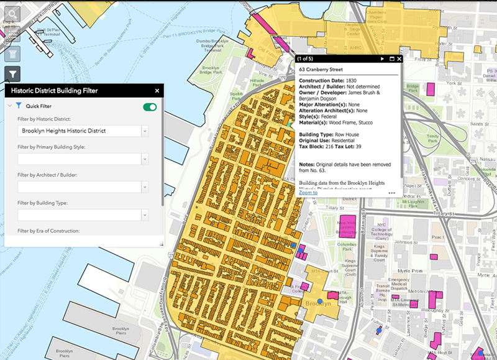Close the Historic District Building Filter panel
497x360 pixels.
coord(157,91)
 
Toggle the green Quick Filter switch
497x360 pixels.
coord(150,107)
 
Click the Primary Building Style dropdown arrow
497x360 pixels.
coord(145,159)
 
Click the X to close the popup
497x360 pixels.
coord(399,59)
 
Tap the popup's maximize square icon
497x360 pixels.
coord(391,59)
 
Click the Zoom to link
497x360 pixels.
coord(308,193)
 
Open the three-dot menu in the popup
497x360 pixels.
coord(392,193)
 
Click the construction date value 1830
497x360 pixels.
coord(350,81)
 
